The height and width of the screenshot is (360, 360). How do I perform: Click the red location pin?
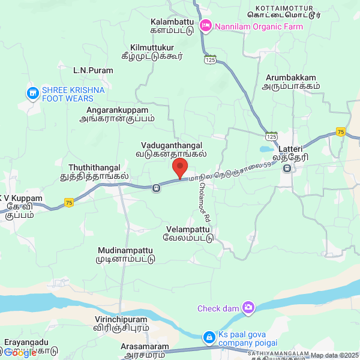(x=180, y=167)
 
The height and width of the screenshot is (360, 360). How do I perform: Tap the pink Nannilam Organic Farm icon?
(x=206, y=26)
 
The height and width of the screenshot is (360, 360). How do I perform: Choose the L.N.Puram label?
(x=93, y=70)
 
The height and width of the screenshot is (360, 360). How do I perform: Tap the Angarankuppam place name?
(x=117, y=114)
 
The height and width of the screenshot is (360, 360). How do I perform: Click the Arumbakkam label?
(x=290, y=82)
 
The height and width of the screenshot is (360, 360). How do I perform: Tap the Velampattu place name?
(x=189, y=233)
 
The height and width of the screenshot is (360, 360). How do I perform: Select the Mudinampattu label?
(x=125, y=254)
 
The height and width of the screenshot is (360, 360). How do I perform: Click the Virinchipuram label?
(x=122, y=324)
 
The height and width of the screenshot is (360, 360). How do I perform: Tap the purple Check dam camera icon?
(x=248, y=308)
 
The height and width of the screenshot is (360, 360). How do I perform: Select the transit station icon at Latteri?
(x=287, y=169)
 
